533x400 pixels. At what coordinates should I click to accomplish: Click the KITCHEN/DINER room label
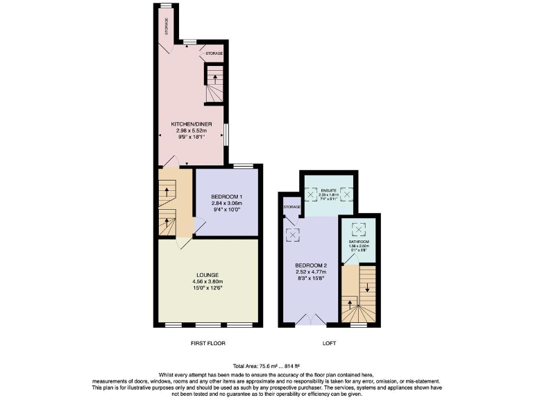(189, 124)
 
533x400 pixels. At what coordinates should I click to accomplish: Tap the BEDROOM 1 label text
(227, 197)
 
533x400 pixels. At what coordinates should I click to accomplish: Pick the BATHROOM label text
(359, 242)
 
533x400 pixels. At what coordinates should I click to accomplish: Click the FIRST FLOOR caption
(208, 344)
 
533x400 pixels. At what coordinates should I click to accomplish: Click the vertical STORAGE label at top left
(167, 26)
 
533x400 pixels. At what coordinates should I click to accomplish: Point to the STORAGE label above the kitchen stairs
(214, 53)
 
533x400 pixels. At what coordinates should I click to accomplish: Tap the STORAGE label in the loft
(290, 207)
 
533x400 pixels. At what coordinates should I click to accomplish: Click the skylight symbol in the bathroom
(359, 228)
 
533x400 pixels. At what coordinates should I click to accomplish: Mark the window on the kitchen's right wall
(226, 135)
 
